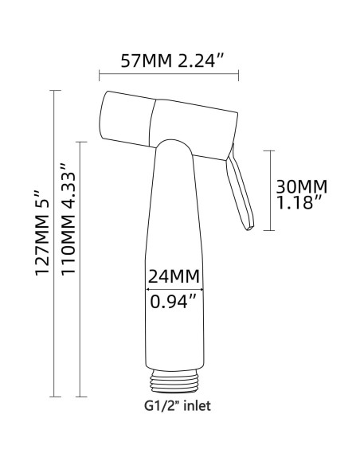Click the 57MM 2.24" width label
click(168, 59)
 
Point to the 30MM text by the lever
click(300, 186)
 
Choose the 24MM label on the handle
click(174, 277)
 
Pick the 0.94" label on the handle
click(173, 303)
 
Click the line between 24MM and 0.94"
click(173, 290)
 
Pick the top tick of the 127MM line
click(54, 92)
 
